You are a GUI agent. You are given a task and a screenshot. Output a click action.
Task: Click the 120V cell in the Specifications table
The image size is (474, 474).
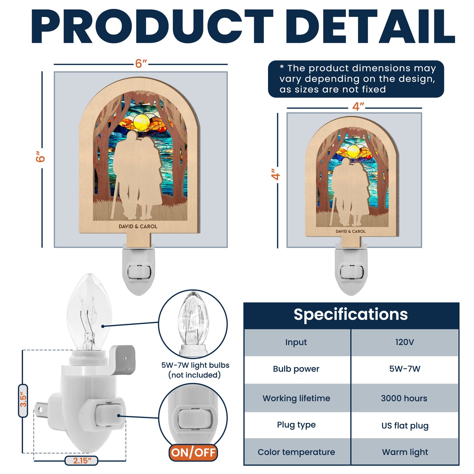tap(404, 342)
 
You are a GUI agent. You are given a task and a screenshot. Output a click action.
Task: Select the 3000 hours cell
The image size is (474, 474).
tap(404, 398)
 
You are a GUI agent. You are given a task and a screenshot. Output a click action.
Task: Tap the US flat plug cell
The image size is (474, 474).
tap(405, 425)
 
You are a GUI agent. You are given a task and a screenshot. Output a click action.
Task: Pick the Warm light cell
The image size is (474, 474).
tap(405, 452)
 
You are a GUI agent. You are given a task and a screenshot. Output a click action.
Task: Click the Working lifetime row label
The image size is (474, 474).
tap(296, 398)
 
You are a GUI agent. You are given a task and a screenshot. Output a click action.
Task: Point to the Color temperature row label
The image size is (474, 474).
tap(296, 452)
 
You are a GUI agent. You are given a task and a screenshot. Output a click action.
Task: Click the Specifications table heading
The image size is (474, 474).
tap(351, 314)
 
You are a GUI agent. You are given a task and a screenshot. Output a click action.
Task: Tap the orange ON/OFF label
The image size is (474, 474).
tap(193, 453)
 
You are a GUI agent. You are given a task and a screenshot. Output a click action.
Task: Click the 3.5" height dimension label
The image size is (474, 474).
tap(23, 401)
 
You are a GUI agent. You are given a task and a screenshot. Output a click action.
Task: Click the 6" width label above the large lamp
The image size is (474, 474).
tap(141, 63)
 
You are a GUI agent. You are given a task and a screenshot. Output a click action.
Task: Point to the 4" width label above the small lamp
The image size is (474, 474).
tap(358, 107)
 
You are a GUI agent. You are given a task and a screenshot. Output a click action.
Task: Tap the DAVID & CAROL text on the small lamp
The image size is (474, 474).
tap(350, 231)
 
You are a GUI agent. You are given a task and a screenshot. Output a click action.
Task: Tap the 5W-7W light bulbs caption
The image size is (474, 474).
tap(195, 370)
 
